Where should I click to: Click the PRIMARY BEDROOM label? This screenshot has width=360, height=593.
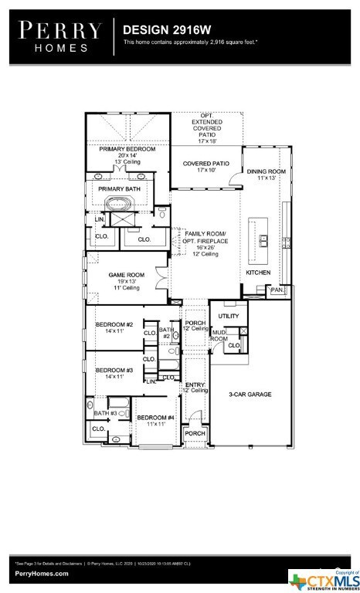tap(127, 149)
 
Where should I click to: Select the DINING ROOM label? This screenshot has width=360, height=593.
tap(267, 171)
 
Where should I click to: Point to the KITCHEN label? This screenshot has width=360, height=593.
tap(259, 273)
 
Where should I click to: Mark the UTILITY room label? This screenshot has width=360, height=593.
tap(229, 317)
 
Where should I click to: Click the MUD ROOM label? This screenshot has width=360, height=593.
tap(219, 336)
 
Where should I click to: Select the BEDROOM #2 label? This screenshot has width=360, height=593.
tap(114, 324)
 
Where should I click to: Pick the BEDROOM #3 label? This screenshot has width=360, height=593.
tap(114, 371)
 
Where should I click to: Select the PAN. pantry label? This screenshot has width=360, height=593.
tap(277, 290)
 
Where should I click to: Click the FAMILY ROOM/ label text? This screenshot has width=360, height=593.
tap(205, 232)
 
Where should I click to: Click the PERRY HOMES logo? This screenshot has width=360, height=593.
tap(60, 36)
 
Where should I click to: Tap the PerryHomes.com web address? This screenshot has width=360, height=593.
tap(41, 574)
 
